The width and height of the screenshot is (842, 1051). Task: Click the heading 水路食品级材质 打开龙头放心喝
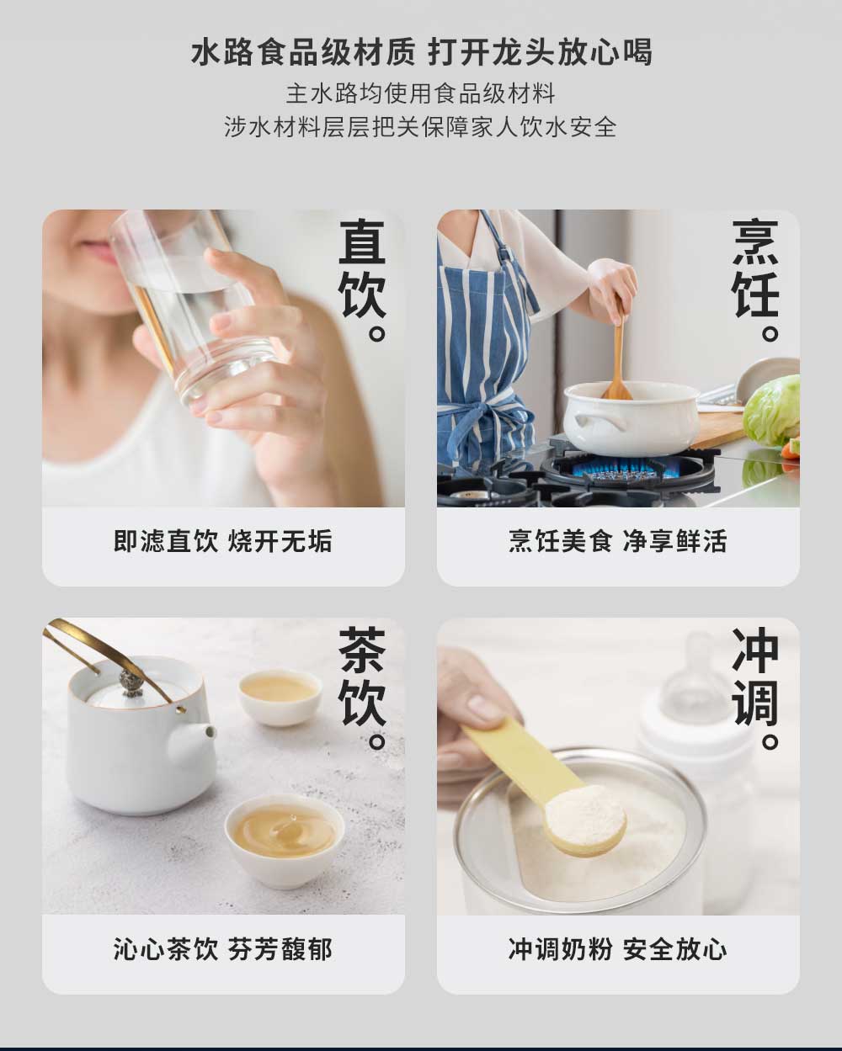pos(421,52)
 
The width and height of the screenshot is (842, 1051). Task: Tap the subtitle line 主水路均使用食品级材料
pos(421,93)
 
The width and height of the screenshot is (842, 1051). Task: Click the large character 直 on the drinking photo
pos(362,242)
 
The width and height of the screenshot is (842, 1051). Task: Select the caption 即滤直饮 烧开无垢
pos(223,541)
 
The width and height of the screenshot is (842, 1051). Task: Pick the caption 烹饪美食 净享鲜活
pos(618,541)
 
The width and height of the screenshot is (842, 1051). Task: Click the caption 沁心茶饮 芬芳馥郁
pos(223,949)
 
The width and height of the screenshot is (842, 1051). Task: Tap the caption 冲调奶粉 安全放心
pos(618,949)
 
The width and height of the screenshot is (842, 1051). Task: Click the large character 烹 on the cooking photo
pos(755,242)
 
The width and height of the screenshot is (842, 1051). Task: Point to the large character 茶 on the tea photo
pos(362,650)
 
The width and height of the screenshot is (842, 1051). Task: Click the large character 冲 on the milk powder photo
pos(755,650)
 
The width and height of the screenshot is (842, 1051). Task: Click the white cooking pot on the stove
pos(631,419)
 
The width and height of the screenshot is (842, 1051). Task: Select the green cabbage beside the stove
pos(772,411)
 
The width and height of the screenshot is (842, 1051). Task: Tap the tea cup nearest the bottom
pos(285,841)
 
